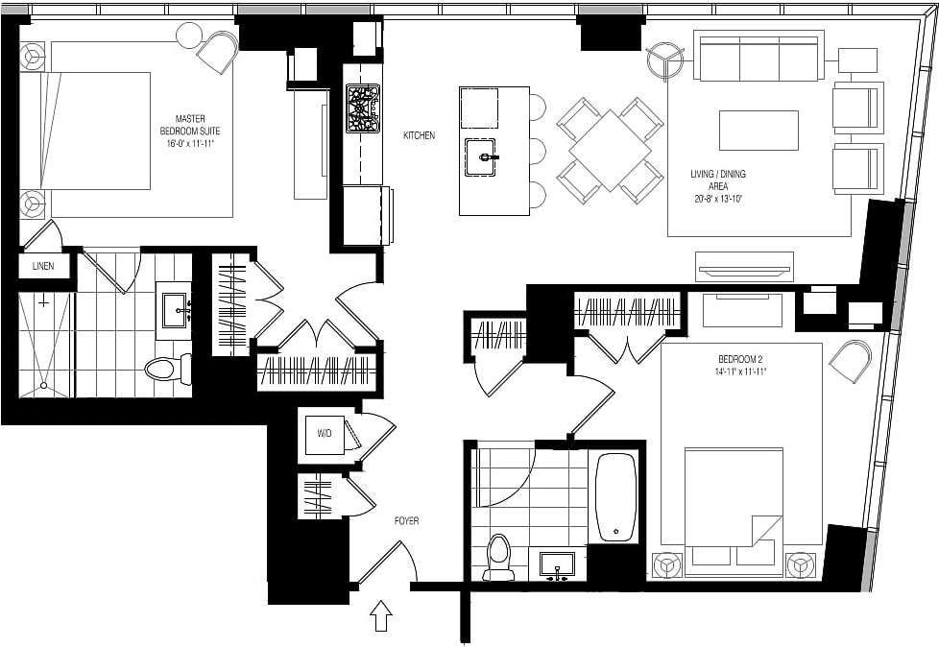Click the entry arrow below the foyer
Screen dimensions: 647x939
(381, 615)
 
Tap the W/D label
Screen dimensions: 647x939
(324, 434)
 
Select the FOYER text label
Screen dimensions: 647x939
(406, 521)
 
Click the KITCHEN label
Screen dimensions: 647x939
(419, 136)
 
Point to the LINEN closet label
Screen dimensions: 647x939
(43, 266)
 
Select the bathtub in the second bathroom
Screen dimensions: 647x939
(615, 498)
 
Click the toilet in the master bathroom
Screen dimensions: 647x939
(164, 368)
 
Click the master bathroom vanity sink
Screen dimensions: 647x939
(177, 307)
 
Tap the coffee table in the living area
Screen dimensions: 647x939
(758, 131)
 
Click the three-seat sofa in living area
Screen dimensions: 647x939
(758, 58)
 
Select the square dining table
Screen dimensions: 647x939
(610, 150)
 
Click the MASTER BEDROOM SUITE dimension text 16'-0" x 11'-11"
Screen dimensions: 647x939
(190, 143)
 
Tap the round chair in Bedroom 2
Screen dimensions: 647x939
(849, 363)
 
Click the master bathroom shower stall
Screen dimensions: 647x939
(45, 344)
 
